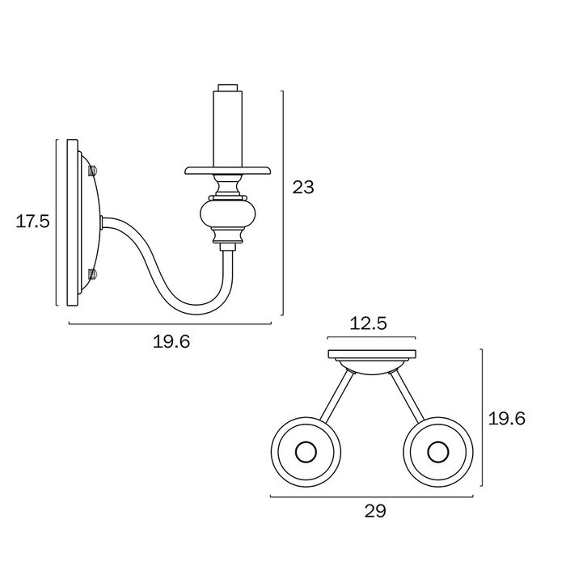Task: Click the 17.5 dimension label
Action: (x=32, y=222)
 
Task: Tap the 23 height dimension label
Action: (x=303, y=188)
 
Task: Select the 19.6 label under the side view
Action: (x=171, y=341)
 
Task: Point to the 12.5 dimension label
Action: (x=368, y=323)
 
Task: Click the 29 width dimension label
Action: (x=375, y=511)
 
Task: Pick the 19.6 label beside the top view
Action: (x=507, y=419)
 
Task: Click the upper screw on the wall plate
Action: (x=93, y=170)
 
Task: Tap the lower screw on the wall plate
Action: (x=93, y=274)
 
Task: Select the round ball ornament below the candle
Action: (x=228, y=214)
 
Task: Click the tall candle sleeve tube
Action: (x=228, y=129)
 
